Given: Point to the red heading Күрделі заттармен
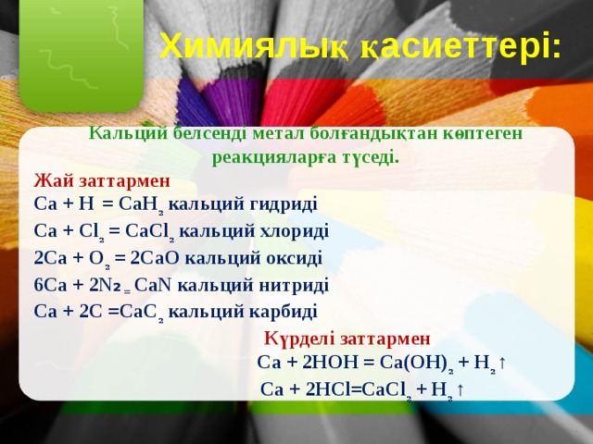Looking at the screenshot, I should [347, 339].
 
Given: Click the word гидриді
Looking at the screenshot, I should [283, 203].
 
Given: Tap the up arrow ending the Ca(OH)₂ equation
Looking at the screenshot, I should [501, 362].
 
